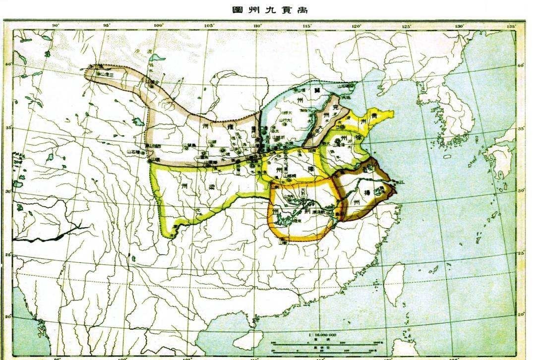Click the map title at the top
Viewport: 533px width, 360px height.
point(266,9)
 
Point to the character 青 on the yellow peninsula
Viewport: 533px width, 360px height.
point(375,117)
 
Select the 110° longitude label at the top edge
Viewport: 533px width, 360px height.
point(257,26)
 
